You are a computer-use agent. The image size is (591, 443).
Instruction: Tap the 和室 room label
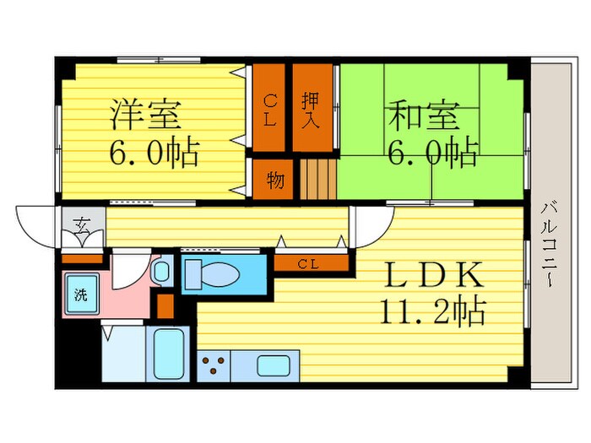click(x=425, y=114)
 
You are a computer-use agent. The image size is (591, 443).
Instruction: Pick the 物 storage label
click(x=274, y=181)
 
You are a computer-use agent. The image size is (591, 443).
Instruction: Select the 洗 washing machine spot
click(x=81, y=294)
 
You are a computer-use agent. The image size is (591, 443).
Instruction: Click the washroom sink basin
click(x=160, y=272)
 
